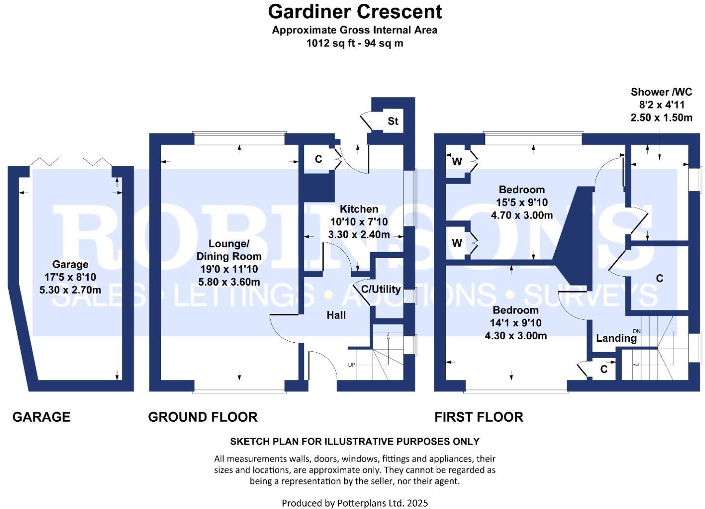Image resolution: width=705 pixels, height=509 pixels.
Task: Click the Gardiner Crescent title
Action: click(354, 12)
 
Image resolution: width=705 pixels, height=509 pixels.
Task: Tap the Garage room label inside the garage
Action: click(70, 264)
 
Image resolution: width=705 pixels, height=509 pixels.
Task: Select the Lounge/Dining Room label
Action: click(229, 250)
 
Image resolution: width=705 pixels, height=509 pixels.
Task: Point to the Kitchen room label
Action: click(359, 209)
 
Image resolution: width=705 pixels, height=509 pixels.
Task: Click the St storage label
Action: click(393, 121)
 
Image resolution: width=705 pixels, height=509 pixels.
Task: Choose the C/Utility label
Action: click(380, 289)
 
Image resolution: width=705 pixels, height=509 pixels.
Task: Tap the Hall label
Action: click(336, 315)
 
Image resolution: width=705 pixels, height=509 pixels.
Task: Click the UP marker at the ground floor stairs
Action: click(352, 365)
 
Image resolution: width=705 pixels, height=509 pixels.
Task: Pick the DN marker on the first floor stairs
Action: click(637, 331)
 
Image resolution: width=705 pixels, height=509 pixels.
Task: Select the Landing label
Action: click(616, 338)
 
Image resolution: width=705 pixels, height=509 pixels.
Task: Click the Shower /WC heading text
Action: click(661, 92)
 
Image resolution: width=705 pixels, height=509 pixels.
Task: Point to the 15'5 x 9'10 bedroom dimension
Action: click(522, 202)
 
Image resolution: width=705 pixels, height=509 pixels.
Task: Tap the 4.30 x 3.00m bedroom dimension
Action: click(515, 335)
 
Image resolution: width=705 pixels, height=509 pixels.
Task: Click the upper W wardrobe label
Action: click(457, 162)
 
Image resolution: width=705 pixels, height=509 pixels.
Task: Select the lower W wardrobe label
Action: click(457, 243)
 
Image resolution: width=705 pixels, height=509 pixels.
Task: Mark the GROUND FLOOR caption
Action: click(203, 417)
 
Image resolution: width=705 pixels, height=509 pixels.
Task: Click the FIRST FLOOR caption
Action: click(479, 417)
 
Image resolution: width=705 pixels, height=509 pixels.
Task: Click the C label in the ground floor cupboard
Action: click(318, 159)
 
